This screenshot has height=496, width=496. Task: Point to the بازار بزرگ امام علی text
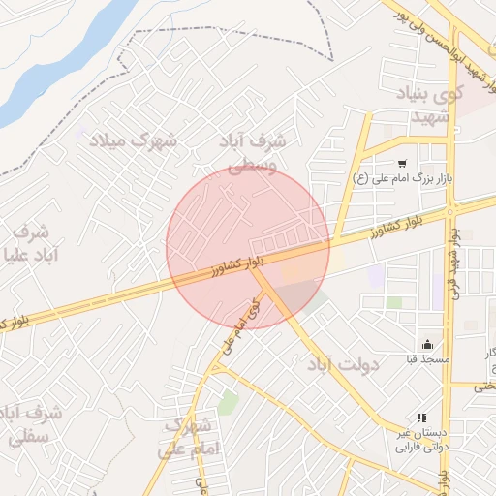coord(416,181)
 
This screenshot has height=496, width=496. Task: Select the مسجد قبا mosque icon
coord(427,344)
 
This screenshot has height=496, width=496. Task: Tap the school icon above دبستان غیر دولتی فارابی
coord(420,417)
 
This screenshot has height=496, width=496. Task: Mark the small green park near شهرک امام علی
coord(228,402)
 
